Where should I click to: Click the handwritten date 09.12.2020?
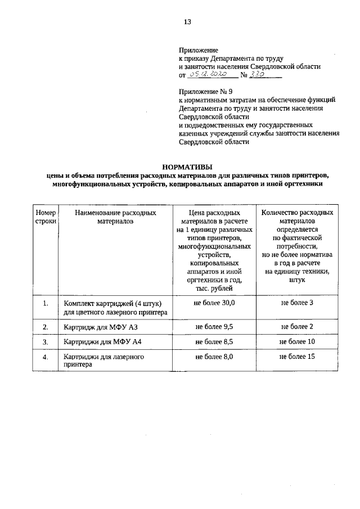pos(208,74)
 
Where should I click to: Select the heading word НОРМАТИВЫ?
pos(187,166)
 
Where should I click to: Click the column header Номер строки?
pos(46,218)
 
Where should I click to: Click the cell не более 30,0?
pos(214,303)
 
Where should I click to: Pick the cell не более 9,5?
pos(214,326)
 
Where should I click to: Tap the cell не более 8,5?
pos(214,341)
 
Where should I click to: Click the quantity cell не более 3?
pos(296,303)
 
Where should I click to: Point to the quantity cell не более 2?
pos(296,326)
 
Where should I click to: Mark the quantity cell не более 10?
pos(296,341)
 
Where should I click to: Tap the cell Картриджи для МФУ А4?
pos(102,342)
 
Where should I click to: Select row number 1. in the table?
pos(45,304)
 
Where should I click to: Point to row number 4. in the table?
pos(45,357)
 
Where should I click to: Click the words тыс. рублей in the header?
pos(214,287)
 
